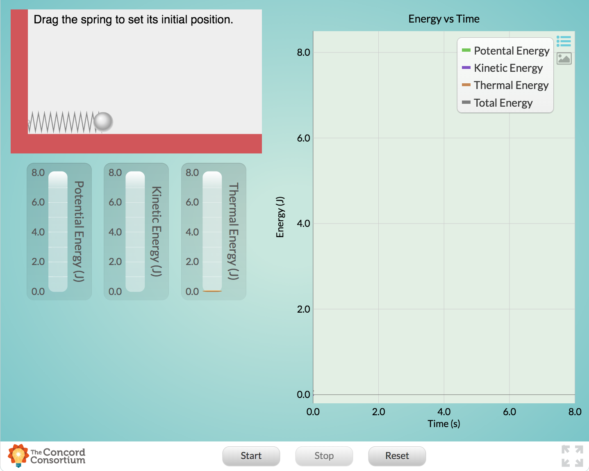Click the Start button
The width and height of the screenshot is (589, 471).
[x=251, y=456]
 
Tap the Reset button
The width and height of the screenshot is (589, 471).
[x=397, y=456]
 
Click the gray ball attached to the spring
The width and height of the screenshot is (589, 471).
[x=103, y=121]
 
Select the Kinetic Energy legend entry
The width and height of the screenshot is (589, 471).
[x=508, y=68]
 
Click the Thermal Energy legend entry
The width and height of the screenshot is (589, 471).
[x=511, y=85]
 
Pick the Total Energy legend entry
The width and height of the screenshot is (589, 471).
[x=503, y=103]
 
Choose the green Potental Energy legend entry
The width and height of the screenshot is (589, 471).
[x=511, y=51]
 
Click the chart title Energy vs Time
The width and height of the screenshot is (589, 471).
[x=443, y=19]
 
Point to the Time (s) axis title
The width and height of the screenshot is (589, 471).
[x=443, y=424]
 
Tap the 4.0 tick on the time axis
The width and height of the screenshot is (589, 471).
[x=443, y=412]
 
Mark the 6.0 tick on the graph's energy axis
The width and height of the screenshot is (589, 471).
[x=303, y=138]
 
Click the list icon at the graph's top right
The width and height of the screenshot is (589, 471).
[x=564, y=41]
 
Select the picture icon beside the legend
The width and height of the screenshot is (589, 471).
[x=564, y=59]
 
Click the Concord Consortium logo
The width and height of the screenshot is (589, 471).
[x=46, y=456]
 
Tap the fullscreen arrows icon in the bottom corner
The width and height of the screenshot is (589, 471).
[x=572, y=456]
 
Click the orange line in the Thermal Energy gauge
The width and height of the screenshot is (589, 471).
[x=212, y=291]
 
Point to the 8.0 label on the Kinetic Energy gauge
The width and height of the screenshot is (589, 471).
[x=115, y=173]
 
